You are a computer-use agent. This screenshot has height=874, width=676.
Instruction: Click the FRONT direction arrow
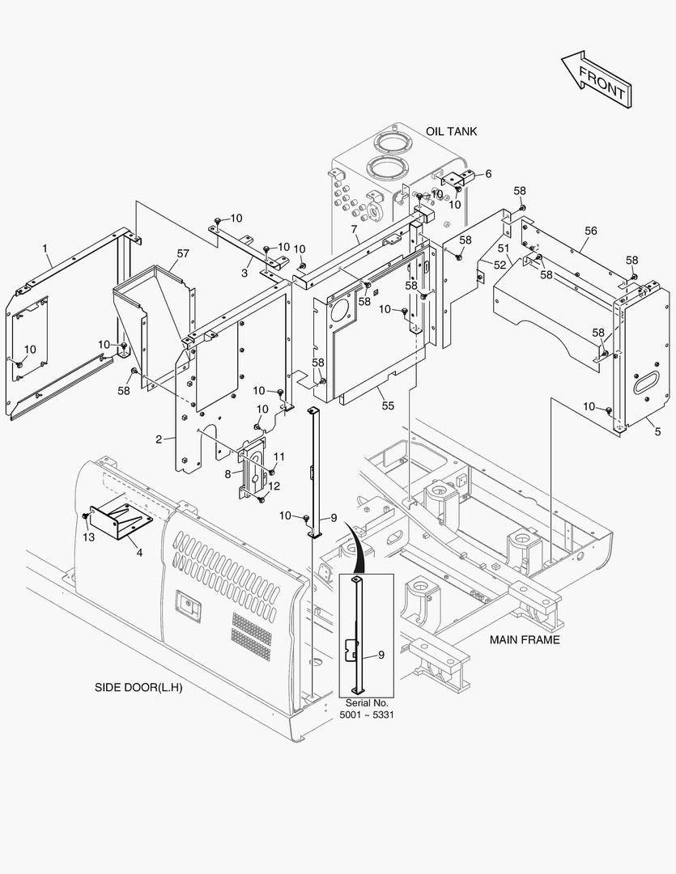[x=596, y=79]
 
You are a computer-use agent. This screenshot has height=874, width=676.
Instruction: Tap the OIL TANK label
[x=452, y=131]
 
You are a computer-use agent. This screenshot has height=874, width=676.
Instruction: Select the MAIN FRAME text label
[x=525, y=639]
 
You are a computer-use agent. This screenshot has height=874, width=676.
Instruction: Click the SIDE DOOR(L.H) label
[x=138, y=689]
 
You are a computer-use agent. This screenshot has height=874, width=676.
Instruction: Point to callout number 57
[x=183, y=253]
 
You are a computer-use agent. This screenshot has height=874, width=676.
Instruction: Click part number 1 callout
[x=45, y=247]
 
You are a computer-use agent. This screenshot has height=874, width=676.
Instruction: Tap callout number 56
[x=590, y=231]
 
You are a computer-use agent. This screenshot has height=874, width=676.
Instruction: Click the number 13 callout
[x=88, y=537]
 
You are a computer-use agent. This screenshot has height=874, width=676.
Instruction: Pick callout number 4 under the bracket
[x=139, y=552]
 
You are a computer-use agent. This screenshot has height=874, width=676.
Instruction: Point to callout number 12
[x=274, y=486]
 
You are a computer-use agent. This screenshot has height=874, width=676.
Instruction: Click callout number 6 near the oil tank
[x=487, y=173]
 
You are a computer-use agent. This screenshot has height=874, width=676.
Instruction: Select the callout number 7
[x=355, y=231]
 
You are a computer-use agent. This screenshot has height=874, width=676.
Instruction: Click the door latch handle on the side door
[x=188, y=603]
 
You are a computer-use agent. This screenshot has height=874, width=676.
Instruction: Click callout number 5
[x=657, y=431]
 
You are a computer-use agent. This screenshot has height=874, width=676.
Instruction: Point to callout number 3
[x=244, y=273]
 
